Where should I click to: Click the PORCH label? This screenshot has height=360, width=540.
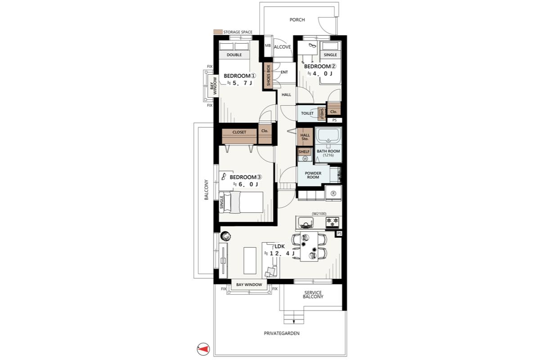click(x=297, y=20)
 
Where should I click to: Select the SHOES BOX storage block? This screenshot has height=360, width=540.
click(x=268, y=76)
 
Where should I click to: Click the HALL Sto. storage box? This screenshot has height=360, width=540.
click(x=305, y=137)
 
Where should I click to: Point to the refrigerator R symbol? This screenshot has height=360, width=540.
click(x=333, y=193)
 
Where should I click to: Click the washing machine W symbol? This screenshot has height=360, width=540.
click(x=305, y=158)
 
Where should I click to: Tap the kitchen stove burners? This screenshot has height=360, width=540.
click(x=332, y=222)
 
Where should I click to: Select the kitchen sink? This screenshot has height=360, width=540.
click(x=306, y=223)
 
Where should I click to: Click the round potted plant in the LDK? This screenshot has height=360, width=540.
click(x=225, y=236)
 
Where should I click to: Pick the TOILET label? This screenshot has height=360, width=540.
click(x=307, y=113)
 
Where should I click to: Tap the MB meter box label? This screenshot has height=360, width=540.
click(x=268, y=45)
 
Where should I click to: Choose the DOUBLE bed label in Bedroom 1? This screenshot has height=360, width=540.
click(x=234, y=55)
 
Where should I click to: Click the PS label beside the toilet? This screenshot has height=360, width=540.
click(x=334, y=120)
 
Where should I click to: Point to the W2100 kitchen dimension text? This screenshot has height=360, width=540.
click(x=319, y=214)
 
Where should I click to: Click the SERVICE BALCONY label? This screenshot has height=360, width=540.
click(x=313, y=295)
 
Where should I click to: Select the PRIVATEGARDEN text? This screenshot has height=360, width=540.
click(x=282, y=333)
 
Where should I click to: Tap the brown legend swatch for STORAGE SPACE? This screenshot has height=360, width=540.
click(x=218, y=32)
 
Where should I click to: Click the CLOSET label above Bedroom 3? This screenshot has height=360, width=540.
click(x=239, y=132)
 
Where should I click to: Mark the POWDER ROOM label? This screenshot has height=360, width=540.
click(x=313, y=175)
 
